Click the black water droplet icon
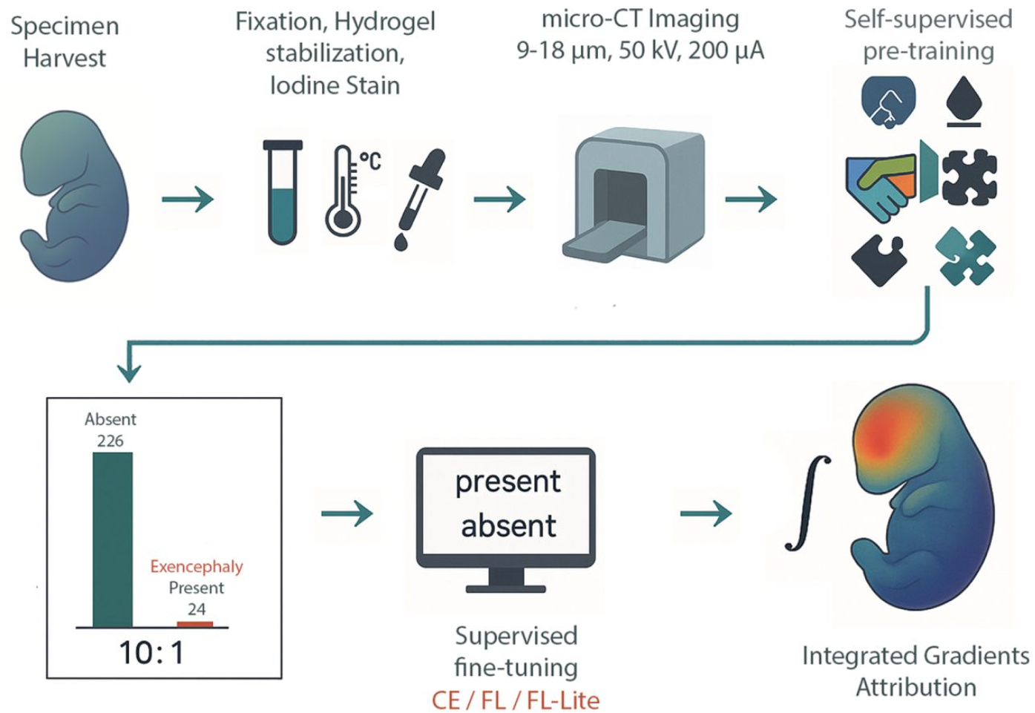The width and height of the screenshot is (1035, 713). [x=964, y=101]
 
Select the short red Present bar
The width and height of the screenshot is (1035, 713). [x=195, y=624]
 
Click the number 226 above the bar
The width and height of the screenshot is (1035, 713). [x=111, y=441]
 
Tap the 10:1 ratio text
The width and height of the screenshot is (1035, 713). [x=151, y=653]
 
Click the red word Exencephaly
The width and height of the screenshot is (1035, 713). [x=197, y=567]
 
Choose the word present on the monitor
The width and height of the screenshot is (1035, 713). [x=507, y=482]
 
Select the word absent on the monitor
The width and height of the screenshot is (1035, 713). [x=508, y=526]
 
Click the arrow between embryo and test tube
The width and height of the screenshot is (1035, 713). [x=188, y=199]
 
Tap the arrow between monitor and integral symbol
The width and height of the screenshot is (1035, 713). [x=706, y=513]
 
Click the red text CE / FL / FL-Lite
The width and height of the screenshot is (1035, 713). [x=516, y=700]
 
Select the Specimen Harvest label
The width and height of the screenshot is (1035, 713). [x=65, y=42]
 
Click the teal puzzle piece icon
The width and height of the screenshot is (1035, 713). [x=965, y=257]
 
